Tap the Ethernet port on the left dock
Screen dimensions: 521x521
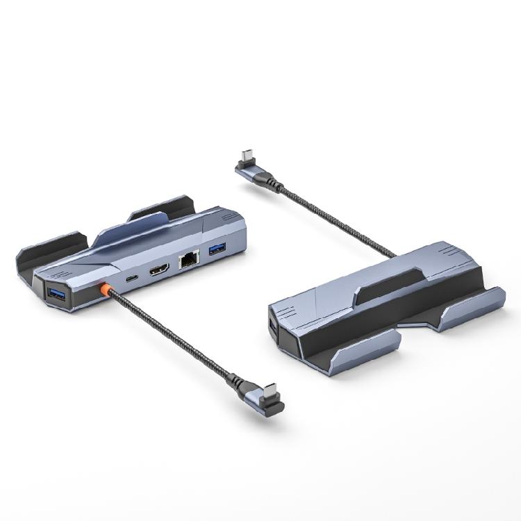[188, 260]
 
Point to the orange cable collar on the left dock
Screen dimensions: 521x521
[106, 290]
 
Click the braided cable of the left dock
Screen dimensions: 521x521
[174, 333]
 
